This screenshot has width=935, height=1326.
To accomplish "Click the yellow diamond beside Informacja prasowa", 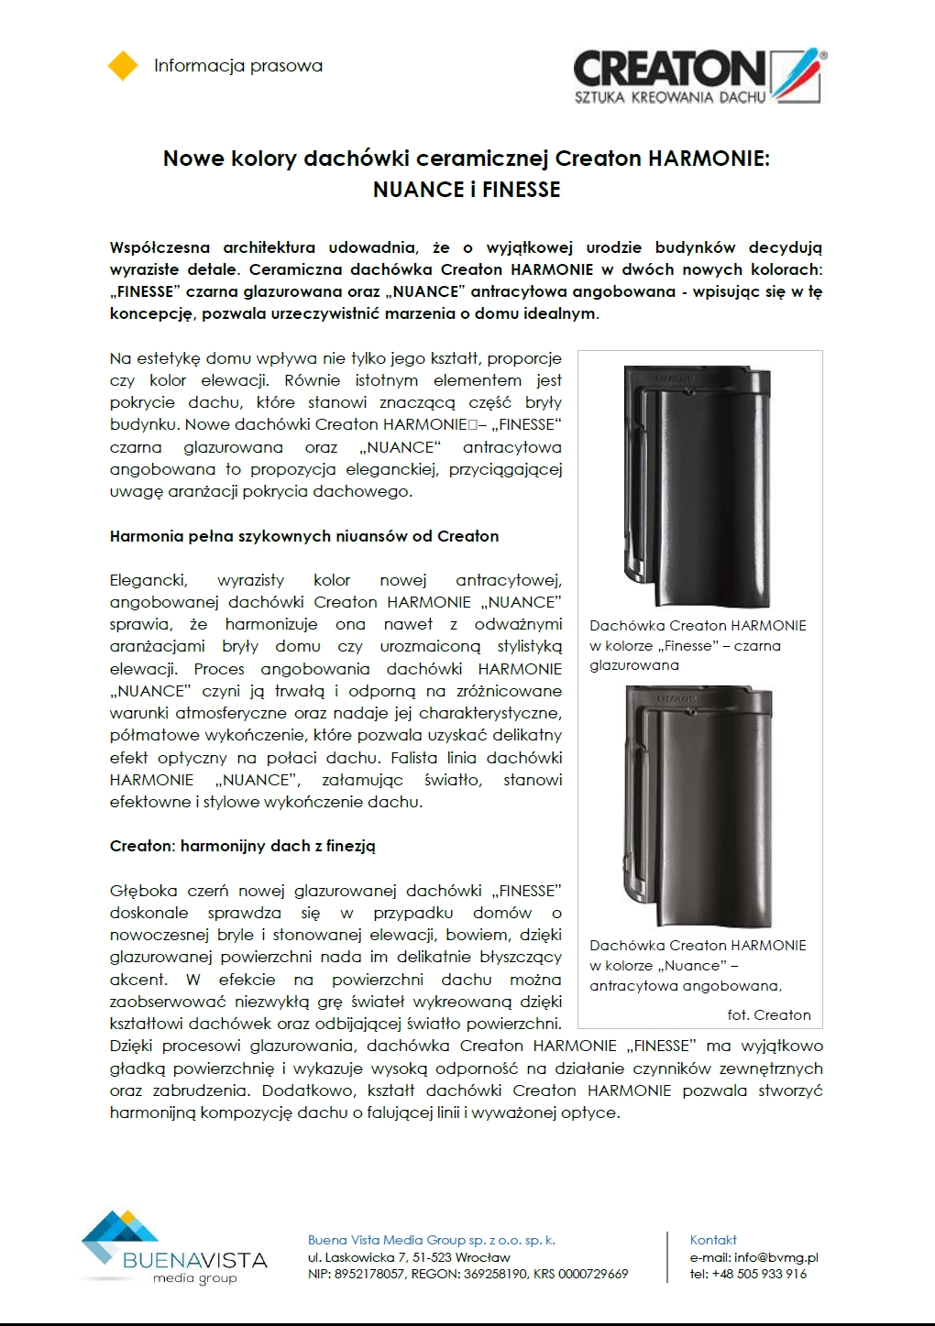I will [x=123, y=66].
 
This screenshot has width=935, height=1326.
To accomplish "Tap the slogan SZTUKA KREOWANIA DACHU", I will [x=669, y=97].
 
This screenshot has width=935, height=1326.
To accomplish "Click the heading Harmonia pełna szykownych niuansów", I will [x=303, y=536].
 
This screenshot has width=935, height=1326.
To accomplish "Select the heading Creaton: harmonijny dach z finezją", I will [x=242, y=846].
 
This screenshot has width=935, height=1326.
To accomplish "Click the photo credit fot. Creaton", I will [x=768, y=1014].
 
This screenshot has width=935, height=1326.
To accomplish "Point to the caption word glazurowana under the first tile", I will [x=634, y=665].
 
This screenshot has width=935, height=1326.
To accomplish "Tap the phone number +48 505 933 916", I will [x=761, y=1274].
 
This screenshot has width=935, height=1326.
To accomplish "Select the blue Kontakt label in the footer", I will [x=713, y=1240].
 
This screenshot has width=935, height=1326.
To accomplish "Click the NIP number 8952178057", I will [x=369, y=1274].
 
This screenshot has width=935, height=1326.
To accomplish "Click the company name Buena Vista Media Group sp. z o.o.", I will [x=431, y=1240].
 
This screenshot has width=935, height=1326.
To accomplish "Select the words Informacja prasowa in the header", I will [x=238, y=66].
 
